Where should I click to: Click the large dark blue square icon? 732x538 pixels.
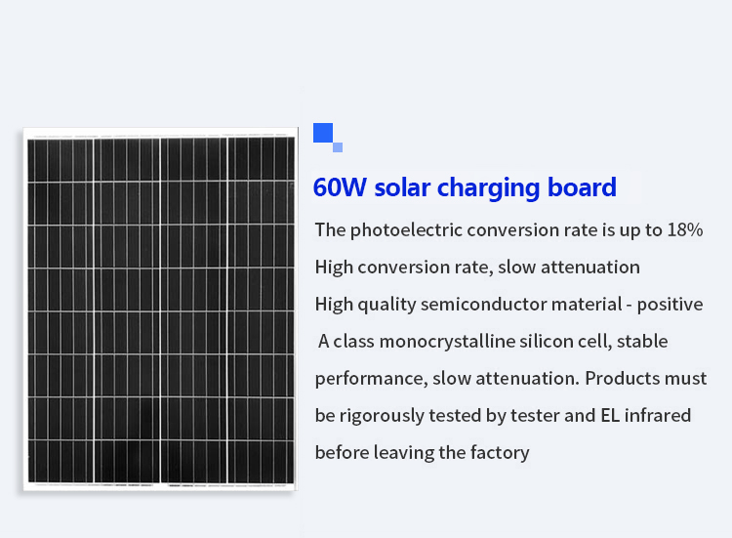pos(323,133)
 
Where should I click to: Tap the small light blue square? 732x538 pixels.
pos(338,147)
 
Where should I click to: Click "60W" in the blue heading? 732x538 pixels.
pos(340,187)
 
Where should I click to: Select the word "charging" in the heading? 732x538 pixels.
pos(488,188)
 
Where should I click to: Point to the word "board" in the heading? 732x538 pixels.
pos(582,186)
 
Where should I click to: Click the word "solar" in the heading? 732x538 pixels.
pos(402,187)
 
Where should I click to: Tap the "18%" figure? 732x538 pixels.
pos(685,229)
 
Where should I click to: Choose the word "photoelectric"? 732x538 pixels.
pos(406,230)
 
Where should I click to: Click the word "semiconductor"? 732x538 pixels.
pos(484,304)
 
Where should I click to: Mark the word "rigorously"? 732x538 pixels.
pos(382,416)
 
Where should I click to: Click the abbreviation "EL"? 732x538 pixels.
pos(610,415)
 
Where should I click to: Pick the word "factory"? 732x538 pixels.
pos(500,452)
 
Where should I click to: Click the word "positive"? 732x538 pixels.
pos(670,305)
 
